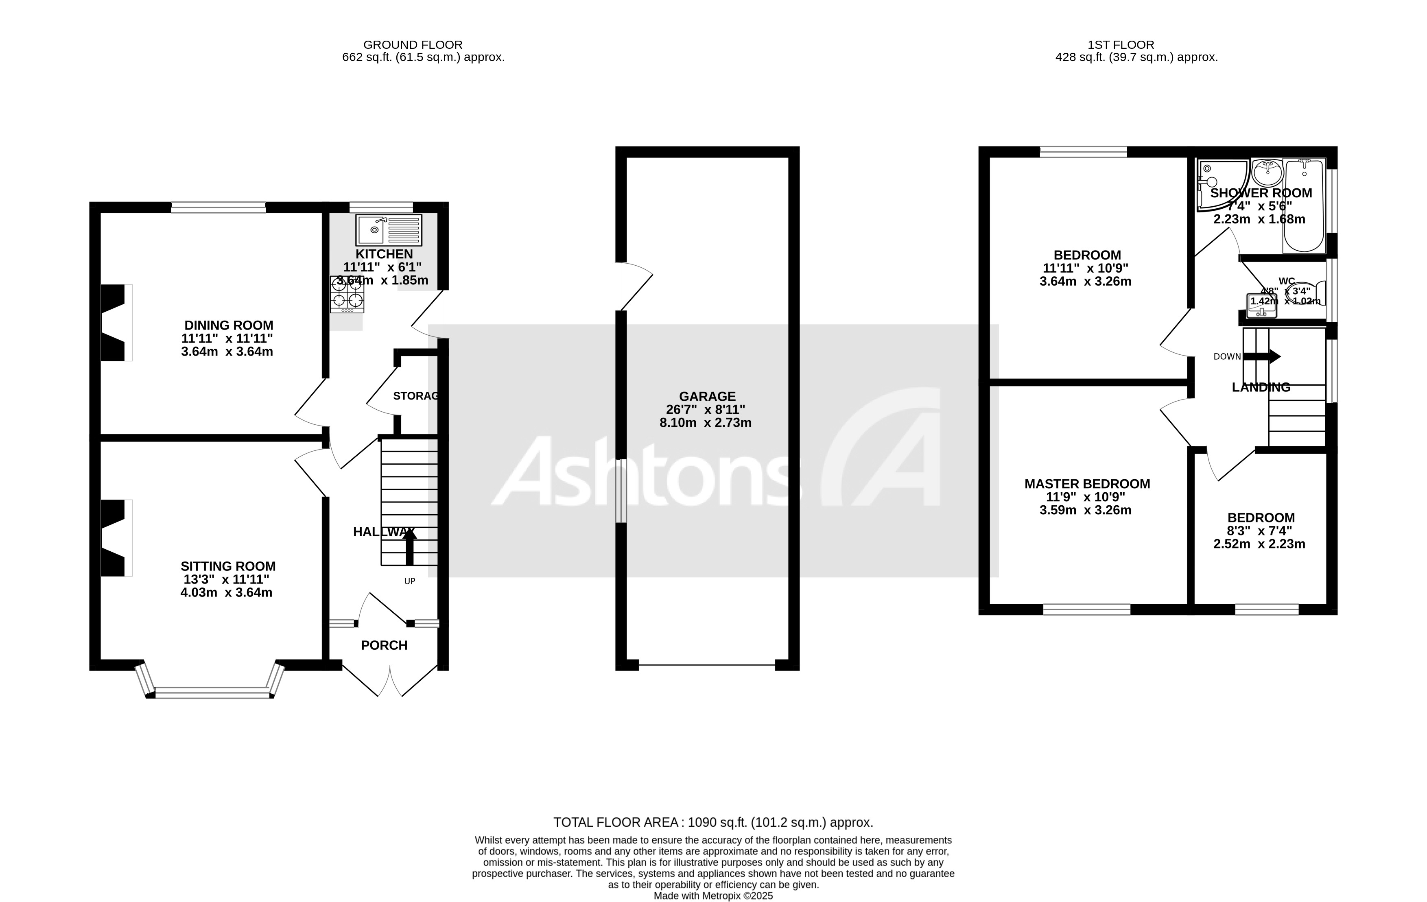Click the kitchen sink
[389, 230]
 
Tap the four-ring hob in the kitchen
[347, 295]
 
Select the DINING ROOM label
[229, 325]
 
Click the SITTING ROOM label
[228, 566]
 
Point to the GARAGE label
[707, 396]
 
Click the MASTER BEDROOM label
[1087, 484]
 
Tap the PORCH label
[384, 645]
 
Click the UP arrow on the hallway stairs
[409, 546]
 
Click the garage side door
[634, 287]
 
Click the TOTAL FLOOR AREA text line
[713, 823]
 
